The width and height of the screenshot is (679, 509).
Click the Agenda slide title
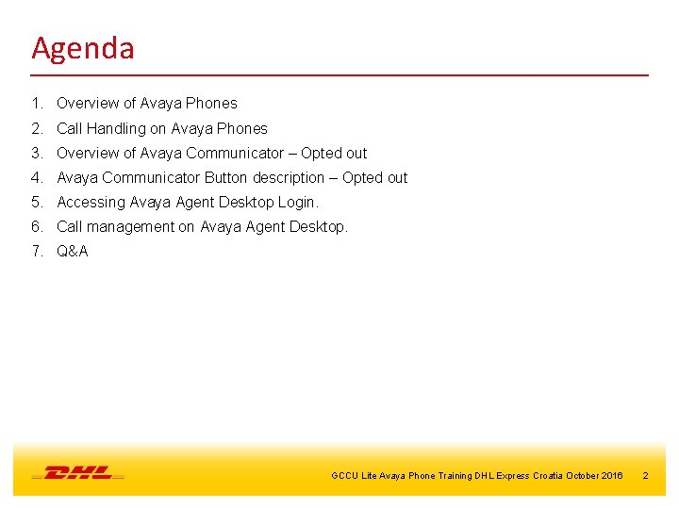[83, 48]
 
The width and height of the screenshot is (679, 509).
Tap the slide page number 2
[645, 476]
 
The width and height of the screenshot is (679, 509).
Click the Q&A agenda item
[73, 252]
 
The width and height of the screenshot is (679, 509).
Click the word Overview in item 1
[88, 104]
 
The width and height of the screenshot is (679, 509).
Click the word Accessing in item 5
[91, 203]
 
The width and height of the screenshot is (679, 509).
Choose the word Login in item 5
[298, 203]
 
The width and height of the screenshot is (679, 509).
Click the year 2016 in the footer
[611, 476]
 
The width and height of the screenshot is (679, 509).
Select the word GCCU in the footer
[344, 476]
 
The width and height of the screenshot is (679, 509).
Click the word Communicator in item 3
[235, 154]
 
